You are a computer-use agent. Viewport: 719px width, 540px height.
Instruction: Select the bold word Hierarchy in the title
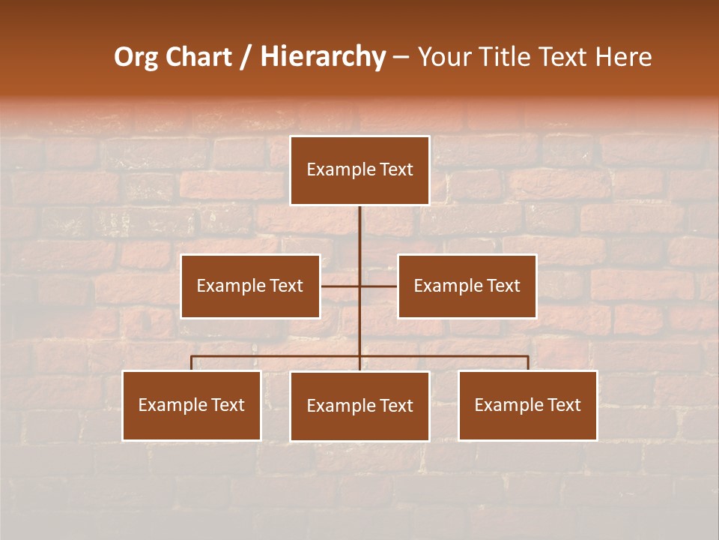[x=323, y=57]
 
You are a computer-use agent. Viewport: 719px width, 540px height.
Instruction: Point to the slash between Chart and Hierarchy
[x=246, y=57]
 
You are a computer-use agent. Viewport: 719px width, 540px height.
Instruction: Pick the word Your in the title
[x=443, y=57]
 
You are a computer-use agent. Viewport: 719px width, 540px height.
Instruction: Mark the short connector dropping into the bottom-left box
[x=192, y=363]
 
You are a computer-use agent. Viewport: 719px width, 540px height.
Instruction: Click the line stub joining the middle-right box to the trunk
[x=379, y=286]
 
